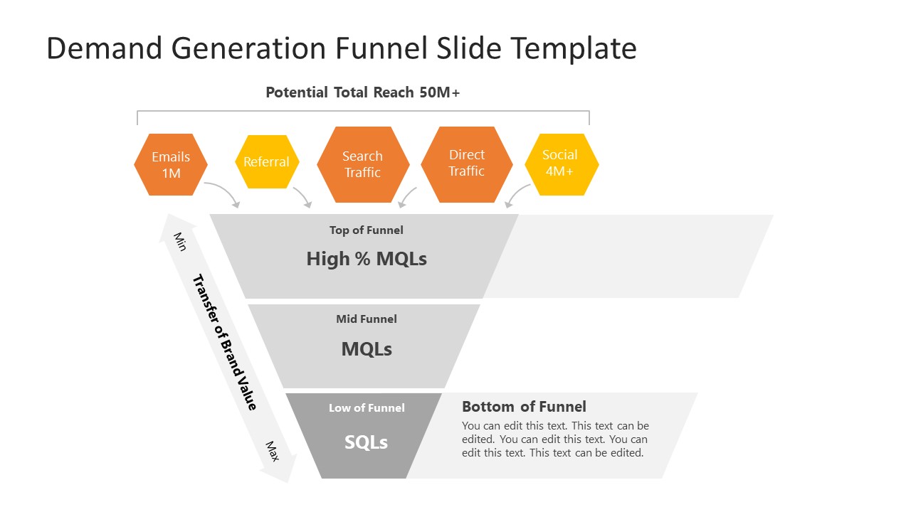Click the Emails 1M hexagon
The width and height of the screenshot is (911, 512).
[171, 164]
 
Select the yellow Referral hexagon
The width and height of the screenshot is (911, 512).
[267, 162]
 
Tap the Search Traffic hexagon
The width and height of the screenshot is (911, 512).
[363, 164]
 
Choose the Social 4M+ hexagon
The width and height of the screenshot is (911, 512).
[561, 164]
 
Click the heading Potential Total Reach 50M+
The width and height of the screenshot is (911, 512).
[363, 92]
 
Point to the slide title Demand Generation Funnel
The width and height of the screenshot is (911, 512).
[342, 48]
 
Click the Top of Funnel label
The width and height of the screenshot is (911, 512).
[366, 230]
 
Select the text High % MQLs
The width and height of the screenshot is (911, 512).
[367, 259]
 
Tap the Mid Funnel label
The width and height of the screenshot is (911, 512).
[367, 319]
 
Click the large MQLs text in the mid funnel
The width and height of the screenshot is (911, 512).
[367, 349]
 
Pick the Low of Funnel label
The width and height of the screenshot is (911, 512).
[367, 408]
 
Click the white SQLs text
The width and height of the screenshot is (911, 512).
[367, 442]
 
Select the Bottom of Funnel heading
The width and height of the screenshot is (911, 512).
[524, 407]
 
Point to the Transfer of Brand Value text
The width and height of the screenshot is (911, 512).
[224, 342]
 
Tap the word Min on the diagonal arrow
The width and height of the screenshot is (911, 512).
[179, 241]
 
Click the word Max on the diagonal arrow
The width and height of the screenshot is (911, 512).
[272, 451]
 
